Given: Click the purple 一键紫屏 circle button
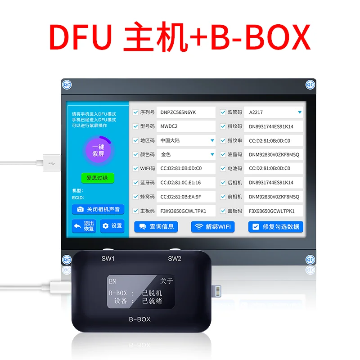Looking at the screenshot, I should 98,151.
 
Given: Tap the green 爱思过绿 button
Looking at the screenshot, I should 98,178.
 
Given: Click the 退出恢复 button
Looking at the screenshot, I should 84,226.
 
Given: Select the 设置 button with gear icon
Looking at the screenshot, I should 112,226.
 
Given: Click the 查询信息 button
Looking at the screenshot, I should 156,227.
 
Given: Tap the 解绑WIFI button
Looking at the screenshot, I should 213,227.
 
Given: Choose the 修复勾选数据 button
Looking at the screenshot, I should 275,227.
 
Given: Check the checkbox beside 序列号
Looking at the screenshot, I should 136,112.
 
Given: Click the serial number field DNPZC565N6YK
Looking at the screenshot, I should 186,112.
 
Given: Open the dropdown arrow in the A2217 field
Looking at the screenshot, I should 299,112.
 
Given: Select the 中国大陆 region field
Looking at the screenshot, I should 186,140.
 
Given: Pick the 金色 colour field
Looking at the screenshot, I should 186,154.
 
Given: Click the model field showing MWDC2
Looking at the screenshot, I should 186,126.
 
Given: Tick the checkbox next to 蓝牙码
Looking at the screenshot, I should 136,183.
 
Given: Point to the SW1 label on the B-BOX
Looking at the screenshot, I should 108,259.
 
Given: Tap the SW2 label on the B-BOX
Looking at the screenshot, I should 174,259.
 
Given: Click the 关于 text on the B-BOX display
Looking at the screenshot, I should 166,281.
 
